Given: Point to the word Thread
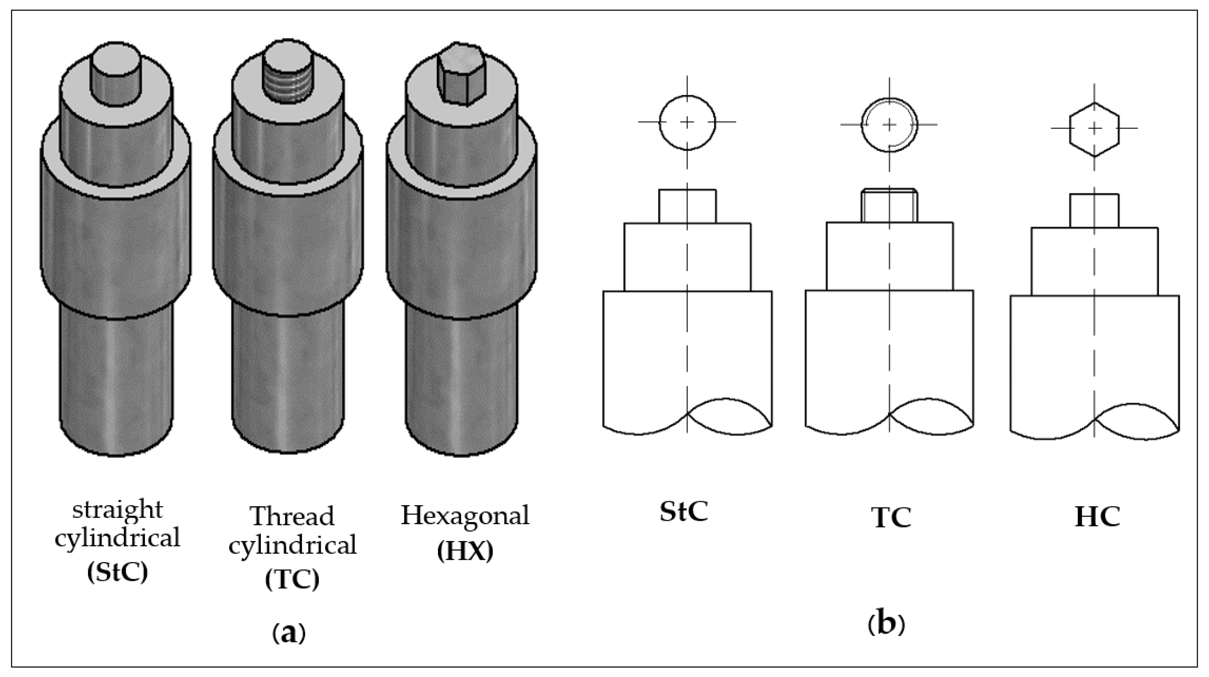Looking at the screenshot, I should tap(292, 516).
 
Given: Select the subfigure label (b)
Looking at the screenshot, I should tap(886, 625).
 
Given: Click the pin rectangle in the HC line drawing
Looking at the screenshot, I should tap(1094, 211).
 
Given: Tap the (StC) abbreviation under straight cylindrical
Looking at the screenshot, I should tap(117, 572).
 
